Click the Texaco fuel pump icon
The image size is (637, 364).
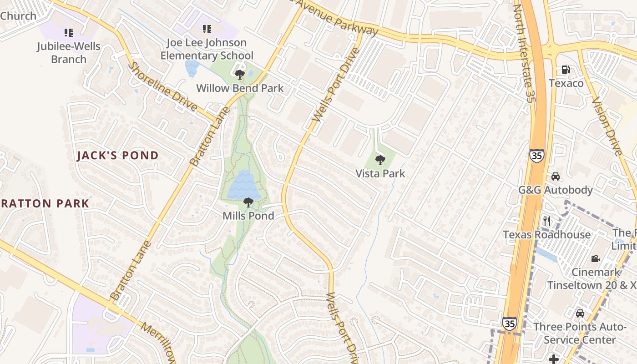(566, 70)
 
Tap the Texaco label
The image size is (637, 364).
(566, 83)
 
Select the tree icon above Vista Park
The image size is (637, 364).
(380, 160)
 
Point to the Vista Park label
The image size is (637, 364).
(380, 173)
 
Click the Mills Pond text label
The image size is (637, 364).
(248, 216)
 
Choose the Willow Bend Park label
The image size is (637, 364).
(240, 88)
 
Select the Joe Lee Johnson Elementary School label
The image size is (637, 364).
(207, 49)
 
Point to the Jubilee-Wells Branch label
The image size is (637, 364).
(69, 53)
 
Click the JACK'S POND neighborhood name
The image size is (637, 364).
(118, 156)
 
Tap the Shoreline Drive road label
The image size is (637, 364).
(163, 87)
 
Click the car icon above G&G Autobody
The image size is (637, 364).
(556, 177)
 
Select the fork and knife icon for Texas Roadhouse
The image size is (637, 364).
(547, 222)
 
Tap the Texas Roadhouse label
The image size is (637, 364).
(547, 235)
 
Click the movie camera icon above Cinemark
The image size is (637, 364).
(595, 259)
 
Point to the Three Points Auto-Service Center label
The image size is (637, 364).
(580, 334)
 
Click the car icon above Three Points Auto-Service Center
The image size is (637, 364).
(580, 313)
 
